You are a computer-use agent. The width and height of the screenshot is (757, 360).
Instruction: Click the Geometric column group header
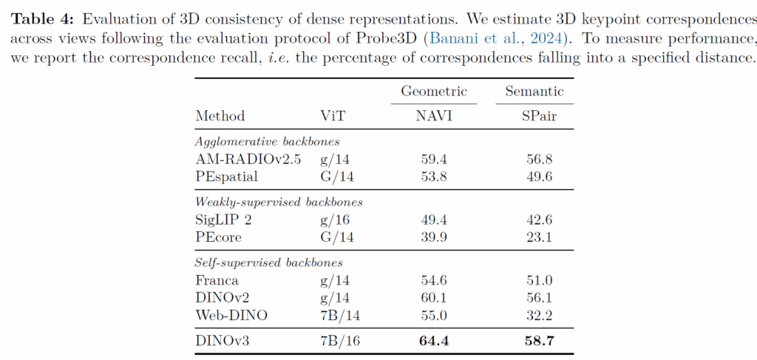pos(434,92)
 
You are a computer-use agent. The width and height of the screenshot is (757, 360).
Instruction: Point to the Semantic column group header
pos(534,92)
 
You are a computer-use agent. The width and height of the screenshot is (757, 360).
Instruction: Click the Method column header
pos(220,116)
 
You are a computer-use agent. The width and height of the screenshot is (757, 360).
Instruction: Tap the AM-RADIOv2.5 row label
pos(248,159)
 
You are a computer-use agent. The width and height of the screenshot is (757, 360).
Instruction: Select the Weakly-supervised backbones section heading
pos(278,201)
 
